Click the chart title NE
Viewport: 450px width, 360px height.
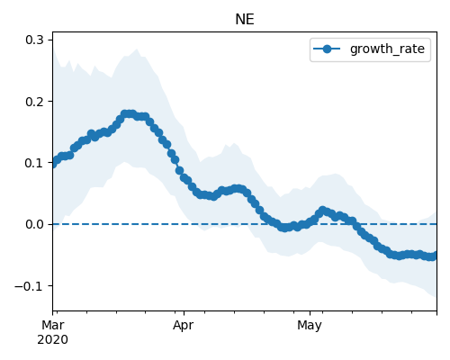pos(245,20)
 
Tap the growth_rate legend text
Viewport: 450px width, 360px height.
pos(387,49)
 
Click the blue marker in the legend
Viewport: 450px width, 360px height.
pos(327,49)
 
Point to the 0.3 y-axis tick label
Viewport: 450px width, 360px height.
pos(35,40)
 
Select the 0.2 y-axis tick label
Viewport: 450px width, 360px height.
pos(35,102)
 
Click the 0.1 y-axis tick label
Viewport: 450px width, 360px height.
pos(35,163)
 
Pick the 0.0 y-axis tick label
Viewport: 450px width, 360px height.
pos(35,224)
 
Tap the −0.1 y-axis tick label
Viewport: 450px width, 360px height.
pos(30,286)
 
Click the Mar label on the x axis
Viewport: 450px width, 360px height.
pos(53,325)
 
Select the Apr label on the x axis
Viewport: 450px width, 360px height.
pos(184,325)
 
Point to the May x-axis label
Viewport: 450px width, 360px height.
pos(310,325)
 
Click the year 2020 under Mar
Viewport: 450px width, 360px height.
pos(53,339)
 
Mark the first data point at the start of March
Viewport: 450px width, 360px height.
pos(53,163)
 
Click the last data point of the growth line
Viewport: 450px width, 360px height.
pos(434,256)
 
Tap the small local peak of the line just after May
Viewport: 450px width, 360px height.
pos(322,211)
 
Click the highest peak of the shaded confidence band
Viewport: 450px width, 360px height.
pos(137,49)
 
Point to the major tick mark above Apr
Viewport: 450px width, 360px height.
pos(184,313)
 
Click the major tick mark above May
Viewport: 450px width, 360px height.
pos(310,313)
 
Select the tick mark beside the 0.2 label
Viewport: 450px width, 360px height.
pos(50,101)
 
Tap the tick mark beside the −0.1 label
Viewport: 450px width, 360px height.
pos(50,285)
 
